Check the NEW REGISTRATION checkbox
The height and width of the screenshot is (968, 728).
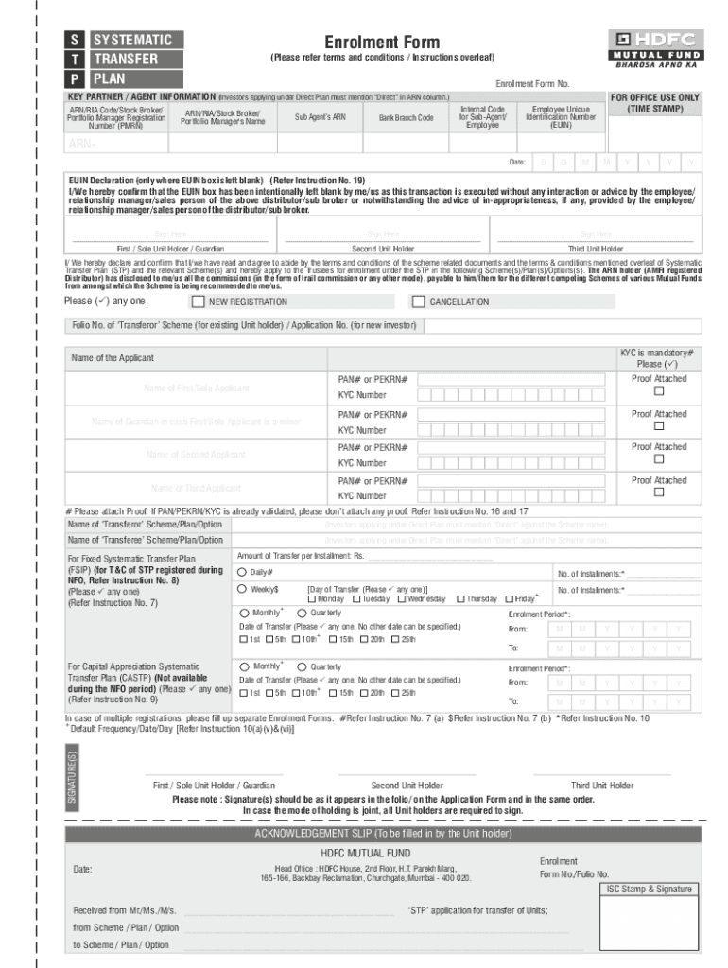click(198, 302)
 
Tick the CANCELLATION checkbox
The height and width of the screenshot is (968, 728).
click(419, 302)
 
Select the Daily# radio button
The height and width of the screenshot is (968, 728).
click(242, 572)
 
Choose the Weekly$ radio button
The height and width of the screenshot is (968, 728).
click(242, 588)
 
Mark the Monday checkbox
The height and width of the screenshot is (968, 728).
click(312, 598)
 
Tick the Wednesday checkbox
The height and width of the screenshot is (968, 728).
click(402, 598)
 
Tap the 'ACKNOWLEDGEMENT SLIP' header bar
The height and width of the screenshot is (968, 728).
click(383, 833)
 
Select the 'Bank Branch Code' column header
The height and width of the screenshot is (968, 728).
click(407, 118)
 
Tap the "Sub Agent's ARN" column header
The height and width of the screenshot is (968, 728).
click(320, 117)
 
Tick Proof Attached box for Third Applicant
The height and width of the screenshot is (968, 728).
click(659, 493)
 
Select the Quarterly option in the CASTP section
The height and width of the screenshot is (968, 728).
click(302, 666)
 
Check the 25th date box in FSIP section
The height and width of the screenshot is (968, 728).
click(395, 640)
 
